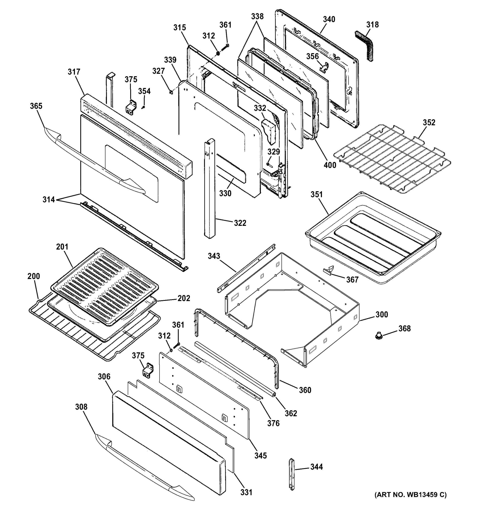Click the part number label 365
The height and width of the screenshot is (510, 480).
click(x=36, y=106)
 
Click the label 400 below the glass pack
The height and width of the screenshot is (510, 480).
click(x=330, y=165)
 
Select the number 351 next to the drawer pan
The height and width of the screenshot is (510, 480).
click(x=316, y=194)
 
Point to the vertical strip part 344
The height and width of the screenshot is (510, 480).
click(x=292, y=475)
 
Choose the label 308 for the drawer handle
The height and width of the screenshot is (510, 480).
click(x=81, y=407)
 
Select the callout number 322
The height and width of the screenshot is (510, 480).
click(x=240, y=223)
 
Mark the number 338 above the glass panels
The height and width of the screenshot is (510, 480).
click(x=257, y=16)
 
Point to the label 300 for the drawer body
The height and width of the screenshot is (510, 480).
click(x=382, y=314)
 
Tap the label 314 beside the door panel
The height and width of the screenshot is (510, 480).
click(x=49, y=199)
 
